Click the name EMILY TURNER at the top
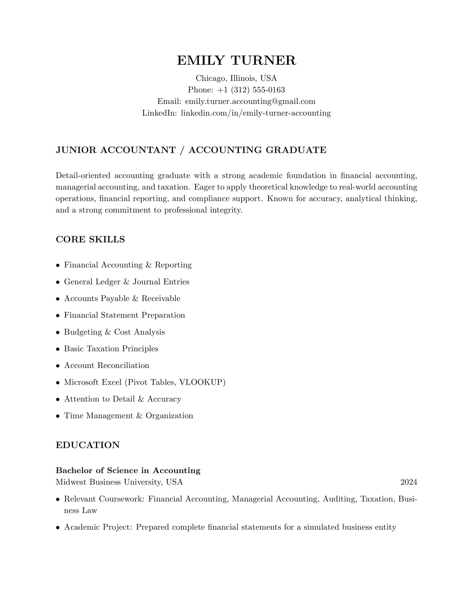pyautogui.click(x=236, y=60)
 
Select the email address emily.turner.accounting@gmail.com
pyautogui.click(x=250, y=101)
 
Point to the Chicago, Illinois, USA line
pyautogui.click(x=236, y=78)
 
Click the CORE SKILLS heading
pyautogui.click(x=90, y=239)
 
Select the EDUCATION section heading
pyautogui.click(x=88, y=445)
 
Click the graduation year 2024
pyautogui.click(x=408, y=482)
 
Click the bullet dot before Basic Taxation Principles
pyautogui.click(x=58, y=349)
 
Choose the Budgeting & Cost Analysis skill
pyautogui.click(x=114, y=332)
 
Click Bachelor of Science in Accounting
pyautogui.click(x=128, y=470)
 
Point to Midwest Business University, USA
pyautogui.click(x=119, y=482)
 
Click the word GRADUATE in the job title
pyautogui.click(x=296, y=150)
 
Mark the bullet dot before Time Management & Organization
pyautogui.click(x=58, y=416)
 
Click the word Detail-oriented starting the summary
pyautogui.click(x=83, y=176)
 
